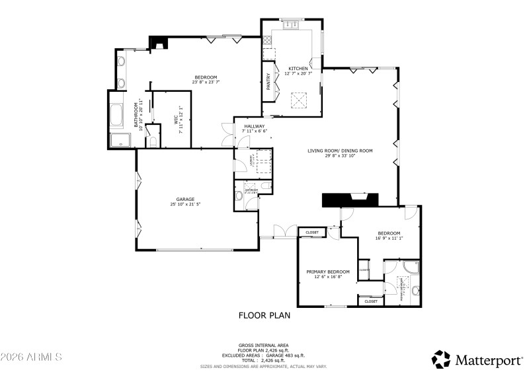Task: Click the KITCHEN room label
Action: point(298,69)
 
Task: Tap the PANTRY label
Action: point(268,81)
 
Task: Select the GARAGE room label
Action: point(184,199)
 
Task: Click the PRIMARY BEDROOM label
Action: point(327,272)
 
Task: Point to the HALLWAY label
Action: point(254,126)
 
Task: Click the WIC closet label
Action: point(176,120)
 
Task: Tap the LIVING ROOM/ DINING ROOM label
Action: point(340,151)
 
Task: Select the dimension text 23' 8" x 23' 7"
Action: point(206,83)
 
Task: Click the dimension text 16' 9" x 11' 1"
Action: point(389,239)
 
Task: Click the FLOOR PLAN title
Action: point(264,315)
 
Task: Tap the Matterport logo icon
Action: point(441,359)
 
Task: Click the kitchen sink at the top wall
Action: point(291,24)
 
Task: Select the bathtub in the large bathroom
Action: point(116,117)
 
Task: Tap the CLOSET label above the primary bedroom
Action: point(312,233)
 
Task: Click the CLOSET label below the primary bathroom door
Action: point(371,301)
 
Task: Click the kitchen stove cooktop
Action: point(268,55)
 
